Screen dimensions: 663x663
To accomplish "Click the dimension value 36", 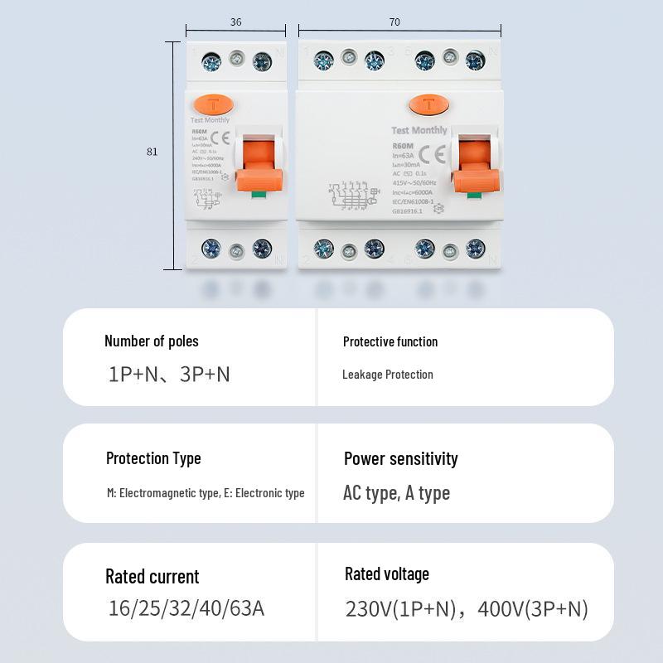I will tap(236, 22).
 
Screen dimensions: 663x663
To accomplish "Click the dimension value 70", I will tap(394, 22).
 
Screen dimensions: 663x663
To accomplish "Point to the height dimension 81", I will tap(152, 152).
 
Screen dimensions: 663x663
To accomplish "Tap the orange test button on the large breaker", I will tap(428, 104).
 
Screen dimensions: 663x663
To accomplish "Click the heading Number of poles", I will tap(152, 341).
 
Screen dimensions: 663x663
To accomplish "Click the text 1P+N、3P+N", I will tap(169, 374).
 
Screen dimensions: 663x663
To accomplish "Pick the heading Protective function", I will tap(390, 341).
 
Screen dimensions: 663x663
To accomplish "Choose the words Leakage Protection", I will tap(388, 375).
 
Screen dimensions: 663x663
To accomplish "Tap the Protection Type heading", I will tap(153, 458).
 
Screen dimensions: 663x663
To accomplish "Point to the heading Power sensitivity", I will tap(401, 458).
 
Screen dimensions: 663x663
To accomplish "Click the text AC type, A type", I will tap(396, 493).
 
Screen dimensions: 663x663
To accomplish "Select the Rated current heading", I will tap(152, 576).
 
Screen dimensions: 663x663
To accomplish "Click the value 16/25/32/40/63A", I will tap(186, 608).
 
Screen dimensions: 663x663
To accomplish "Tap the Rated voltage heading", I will tap(387, 573).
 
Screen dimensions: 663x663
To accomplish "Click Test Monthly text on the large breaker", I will tap(419, 130).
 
